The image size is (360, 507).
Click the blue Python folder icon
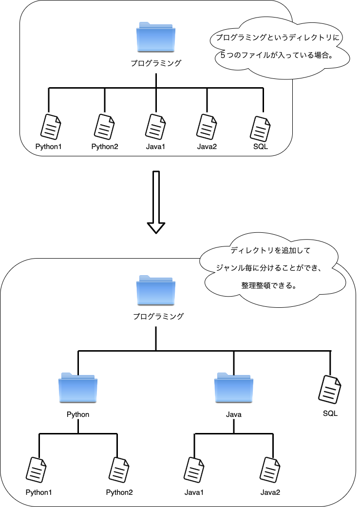click(x=78, y=388)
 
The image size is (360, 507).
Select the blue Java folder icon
click(x=234, y=388)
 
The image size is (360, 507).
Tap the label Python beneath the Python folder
click(x=78, y=414)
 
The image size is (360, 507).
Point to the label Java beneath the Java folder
click(x=234, y=414)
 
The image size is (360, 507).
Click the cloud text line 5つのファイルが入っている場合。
click(x=277, y=55)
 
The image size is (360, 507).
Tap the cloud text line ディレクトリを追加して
click(x=270, y=251)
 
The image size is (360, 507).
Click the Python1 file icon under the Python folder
click(x=37, y=469)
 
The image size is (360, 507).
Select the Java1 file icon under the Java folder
click(x=194, y=469)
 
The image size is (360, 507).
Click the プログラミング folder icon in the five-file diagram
click(x=156, y=37)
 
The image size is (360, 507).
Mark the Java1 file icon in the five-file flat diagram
click(x=156, y=127)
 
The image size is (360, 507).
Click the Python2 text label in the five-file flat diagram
click(x=105, y=147)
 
